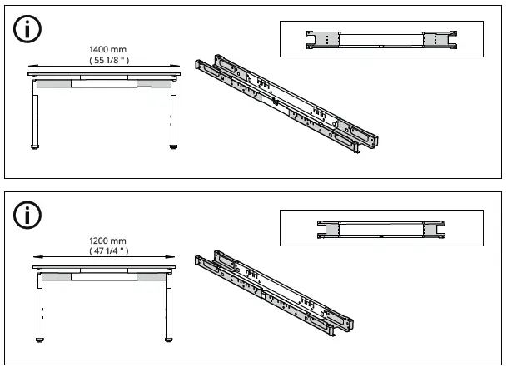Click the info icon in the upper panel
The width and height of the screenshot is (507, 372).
[27, 29]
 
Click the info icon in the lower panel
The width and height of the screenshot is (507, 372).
[27, 215]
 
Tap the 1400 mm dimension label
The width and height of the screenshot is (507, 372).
[107, 49]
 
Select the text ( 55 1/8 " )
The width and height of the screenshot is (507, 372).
[109, 60]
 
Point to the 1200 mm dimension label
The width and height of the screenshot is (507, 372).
[107, 241]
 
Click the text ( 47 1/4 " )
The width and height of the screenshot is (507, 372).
[108, 250]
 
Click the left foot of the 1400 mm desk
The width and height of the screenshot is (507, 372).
[35, 147]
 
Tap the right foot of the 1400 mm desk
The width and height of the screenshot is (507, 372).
[174, 147]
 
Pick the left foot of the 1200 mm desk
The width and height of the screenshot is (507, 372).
[40, 340]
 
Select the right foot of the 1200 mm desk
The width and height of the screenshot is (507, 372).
[169, 340]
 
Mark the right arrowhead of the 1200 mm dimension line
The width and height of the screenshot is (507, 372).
[171, 257]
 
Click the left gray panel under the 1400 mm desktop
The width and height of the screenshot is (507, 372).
[54, 83]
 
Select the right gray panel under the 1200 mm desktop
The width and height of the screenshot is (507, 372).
[152, 276]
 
